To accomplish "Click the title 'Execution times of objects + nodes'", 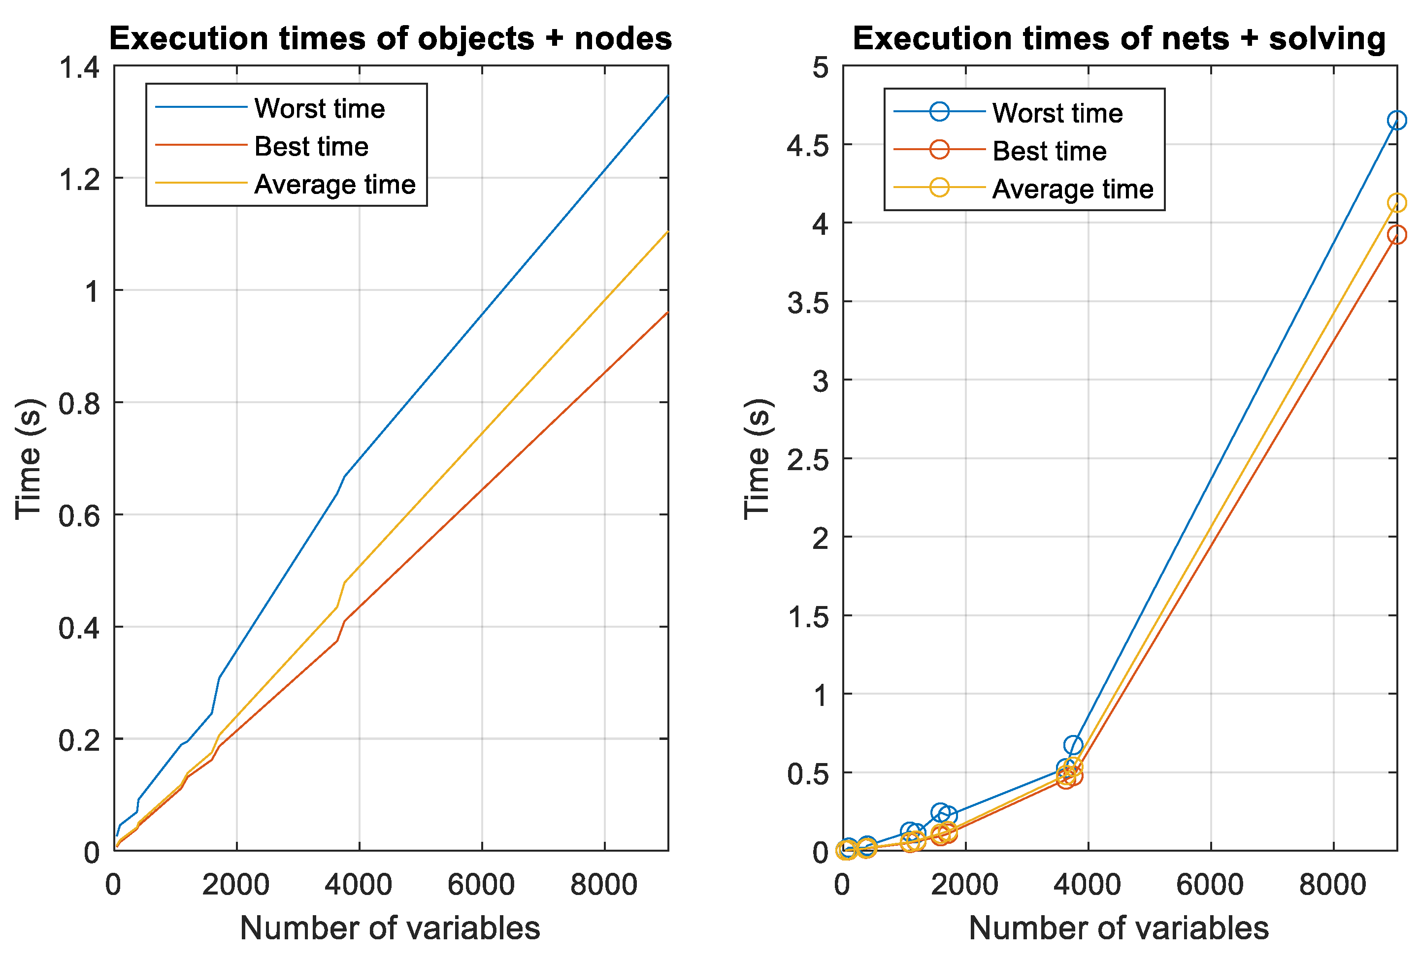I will coord(390,39).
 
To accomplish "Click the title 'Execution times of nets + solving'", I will coord(1119,39).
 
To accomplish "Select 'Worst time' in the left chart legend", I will coord(319,109).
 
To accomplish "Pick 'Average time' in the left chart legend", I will coord(334,184).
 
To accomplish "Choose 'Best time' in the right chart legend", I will coord(1049,151).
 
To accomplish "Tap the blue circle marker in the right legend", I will coord(939,112).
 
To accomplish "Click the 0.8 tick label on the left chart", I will coord(79,403).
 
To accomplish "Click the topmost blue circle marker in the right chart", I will coord(1396,120).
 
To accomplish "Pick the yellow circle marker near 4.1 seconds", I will coord(1396,203).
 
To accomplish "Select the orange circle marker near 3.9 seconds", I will coord(1396,234).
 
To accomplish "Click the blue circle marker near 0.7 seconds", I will coord(1073,745).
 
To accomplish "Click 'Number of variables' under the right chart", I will coord(1119,928).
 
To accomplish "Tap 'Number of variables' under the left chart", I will coord(390,928).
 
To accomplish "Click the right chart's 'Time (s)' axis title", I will coord(758,459).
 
